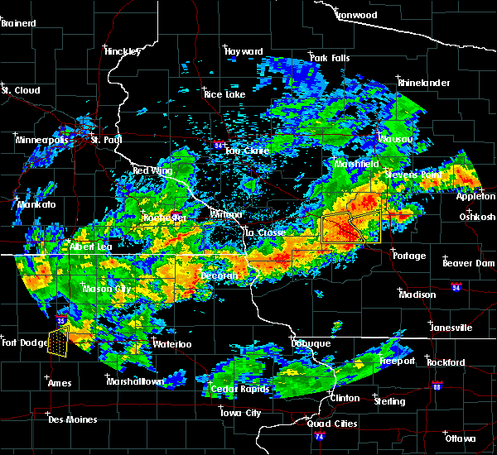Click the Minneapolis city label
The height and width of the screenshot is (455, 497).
point(42,140)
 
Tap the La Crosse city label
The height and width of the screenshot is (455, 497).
point(264,233)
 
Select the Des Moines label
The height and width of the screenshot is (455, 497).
point(72,419)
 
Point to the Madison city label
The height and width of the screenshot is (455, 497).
point(417,295)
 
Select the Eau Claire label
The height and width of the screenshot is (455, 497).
point(244,151)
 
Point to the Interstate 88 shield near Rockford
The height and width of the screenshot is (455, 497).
point(437,386)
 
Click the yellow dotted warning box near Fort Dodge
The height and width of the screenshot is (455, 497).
point(58,341)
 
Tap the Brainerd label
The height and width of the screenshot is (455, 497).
point(18,23)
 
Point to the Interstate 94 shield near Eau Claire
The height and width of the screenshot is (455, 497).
point(218,145)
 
